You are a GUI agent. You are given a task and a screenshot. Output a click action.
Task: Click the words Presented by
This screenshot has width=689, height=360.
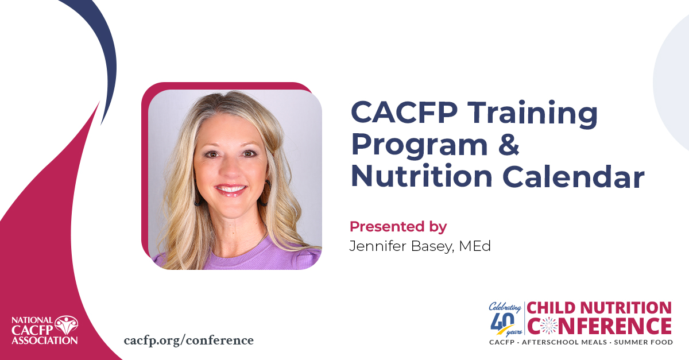tap(398, 226)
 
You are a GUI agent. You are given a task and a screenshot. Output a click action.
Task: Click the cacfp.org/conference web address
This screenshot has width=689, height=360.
tap(188, 340)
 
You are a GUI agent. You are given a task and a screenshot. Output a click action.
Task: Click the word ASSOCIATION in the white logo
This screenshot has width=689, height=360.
tap(45, 340)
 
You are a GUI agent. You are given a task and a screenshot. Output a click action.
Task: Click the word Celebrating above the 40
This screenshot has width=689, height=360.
tap(504, 307)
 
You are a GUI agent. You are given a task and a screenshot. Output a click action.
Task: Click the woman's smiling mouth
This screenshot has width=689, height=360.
tap(230, 188)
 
